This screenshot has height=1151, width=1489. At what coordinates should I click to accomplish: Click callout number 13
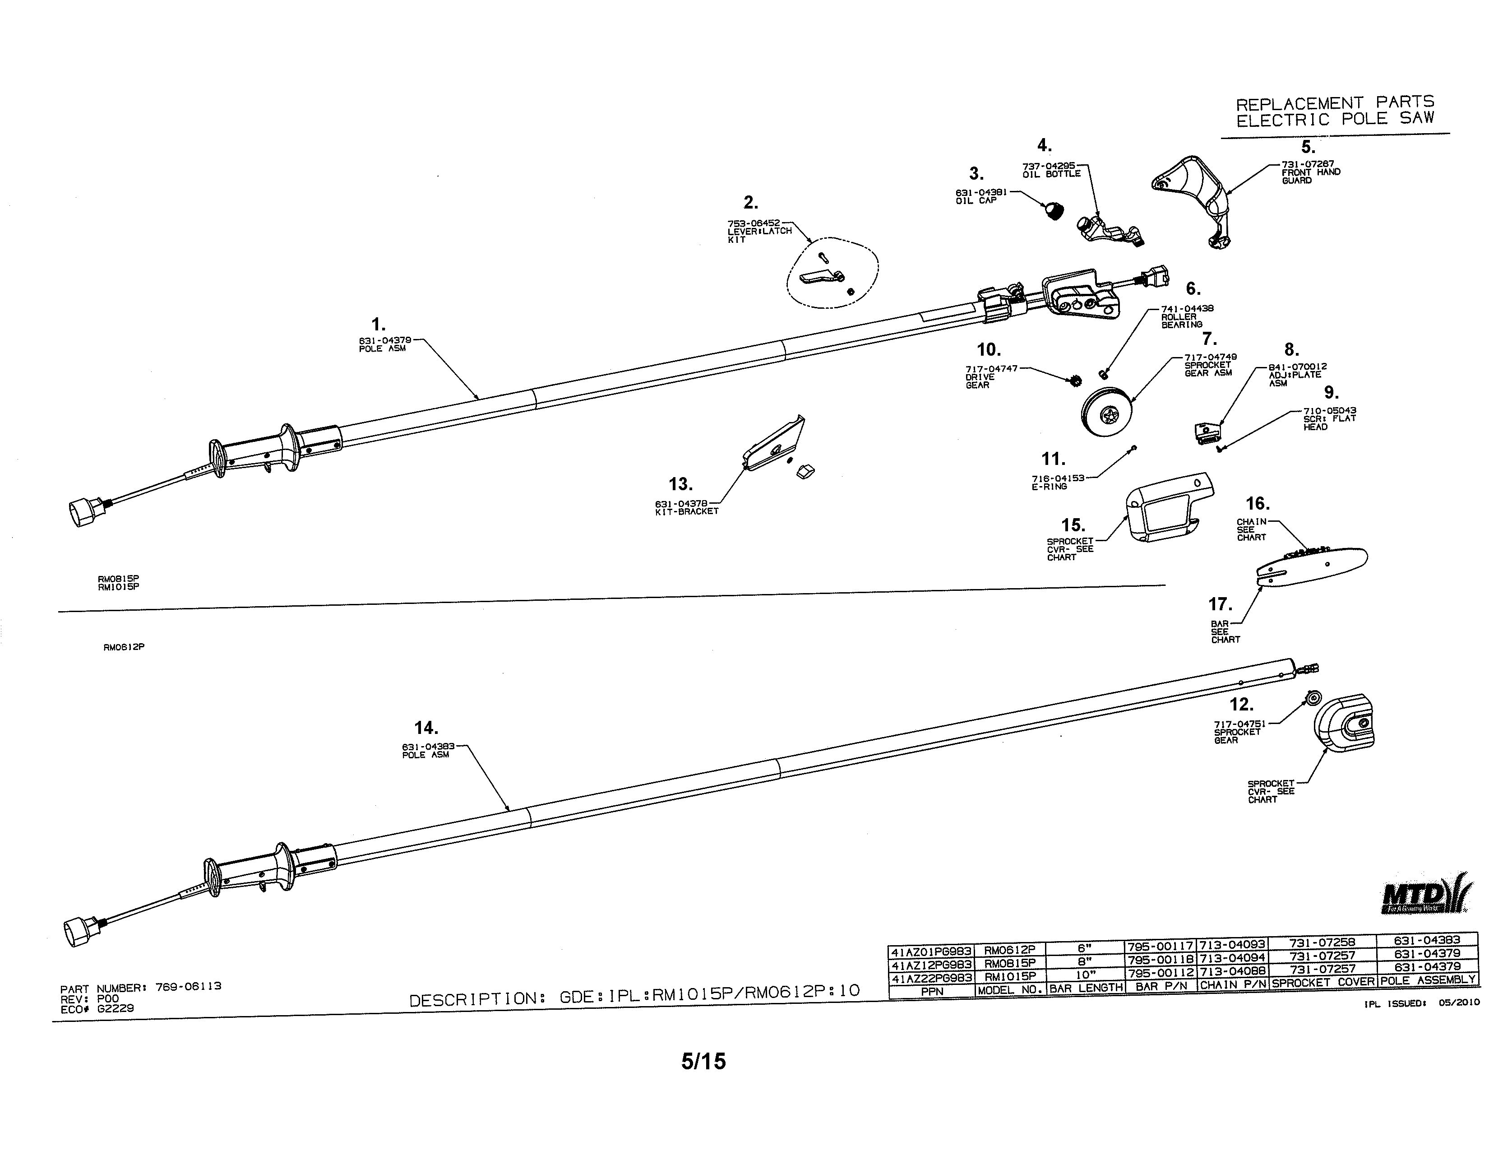pos(680,485)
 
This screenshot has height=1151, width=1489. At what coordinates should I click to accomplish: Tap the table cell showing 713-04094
pos(1233,958)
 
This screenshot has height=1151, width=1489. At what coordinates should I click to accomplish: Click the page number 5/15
pos(703,1061)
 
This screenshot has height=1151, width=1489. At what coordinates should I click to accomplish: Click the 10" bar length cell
pos(1085,975)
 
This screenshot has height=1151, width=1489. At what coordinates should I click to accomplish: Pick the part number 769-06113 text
pos(188,986)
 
